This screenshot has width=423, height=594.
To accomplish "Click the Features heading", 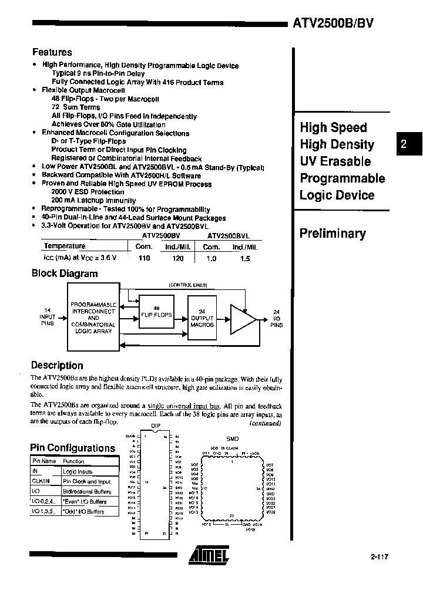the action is [52, 52].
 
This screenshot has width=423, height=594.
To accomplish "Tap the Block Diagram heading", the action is [64, 273].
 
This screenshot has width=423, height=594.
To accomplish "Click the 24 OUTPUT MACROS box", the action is [202, 317].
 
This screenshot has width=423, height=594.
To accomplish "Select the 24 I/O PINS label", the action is [277, 318].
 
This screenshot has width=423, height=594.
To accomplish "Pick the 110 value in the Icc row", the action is [144, 258].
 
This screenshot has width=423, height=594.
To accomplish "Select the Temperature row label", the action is [65, 246].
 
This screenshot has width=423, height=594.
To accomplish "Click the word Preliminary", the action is [333, 234].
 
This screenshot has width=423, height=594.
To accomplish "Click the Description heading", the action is [56, 365].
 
